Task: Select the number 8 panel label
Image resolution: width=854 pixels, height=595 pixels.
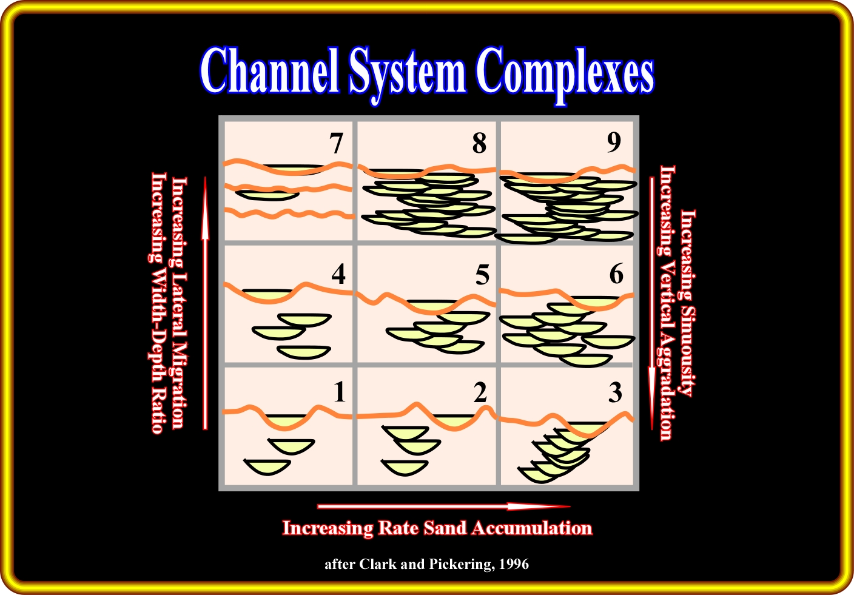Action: tap(479, 144)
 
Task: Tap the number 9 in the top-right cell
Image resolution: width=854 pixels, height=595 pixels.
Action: tap(614, 142)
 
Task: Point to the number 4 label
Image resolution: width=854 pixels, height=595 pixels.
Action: tap(338, 274)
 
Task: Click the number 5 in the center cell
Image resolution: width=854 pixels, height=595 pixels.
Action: tap(482, 275)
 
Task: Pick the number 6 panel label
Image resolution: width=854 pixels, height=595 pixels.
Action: tap(616, 274)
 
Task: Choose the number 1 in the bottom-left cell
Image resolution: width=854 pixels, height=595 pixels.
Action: tap(340, 392)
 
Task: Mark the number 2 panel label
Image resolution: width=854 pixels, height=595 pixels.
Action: tap(480, 393)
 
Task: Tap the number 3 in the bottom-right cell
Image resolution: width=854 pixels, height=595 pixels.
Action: tap(615, 393)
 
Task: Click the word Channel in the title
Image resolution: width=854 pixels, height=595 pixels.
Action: tap(269, 72)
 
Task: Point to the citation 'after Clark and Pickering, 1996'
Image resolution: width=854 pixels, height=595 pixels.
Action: tap(426, 564)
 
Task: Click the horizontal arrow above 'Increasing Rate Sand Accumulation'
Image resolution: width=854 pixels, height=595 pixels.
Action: tap(443, 506)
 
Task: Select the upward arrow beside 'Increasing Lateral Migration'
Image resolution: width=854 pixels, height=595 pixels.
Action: tap(205, 303)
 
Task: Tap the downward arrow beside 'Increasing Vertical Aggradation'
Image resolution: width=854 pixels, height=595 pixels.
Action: tap(652, 303)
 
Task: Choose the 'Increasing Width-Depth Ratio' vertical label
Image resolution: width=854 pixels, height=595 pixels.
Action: tap(158, 303)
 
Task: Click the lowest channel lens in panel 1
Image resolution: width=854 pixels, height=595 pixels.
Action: tap(267, 466)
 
